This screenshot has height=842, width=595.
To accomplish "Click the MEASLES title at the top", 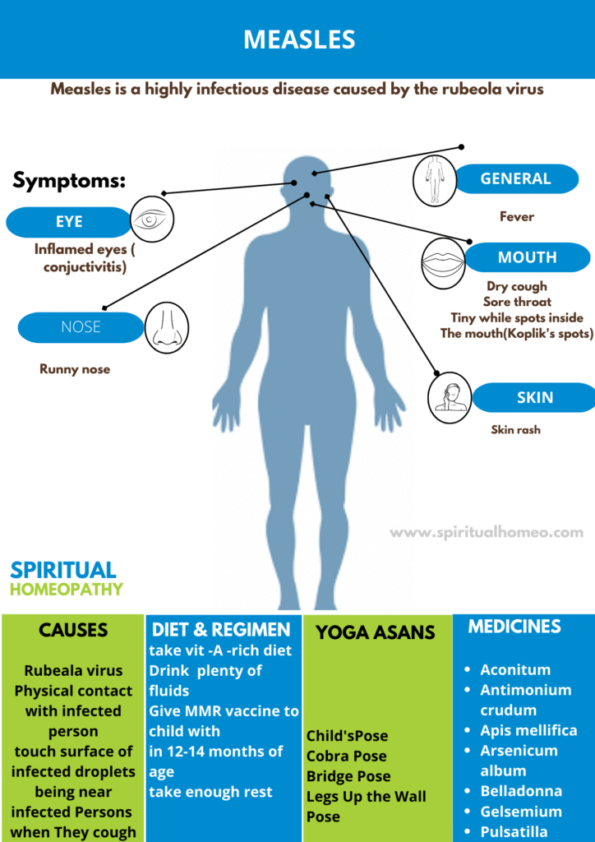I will click(298, 39).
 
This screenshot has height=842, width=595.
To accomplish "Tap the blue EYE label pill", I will click(69, 222).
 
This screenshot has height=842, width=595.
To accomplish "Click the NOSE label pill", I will click(81, 327).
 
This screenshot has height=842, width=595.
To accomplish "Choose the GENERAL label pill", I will click(516, 178).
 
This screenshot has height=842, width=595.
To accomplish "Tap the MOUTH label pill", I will click(527, 257).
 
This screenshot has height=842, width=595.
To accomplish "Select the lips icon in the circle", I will click(444, 262).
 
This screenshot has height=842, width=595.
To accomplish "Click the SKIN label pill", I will click(534, 398).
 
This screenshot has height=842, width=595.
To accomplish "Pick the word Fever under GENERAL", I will click(517, 217).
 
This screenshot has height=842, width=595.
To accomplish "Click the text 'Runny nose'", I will click(75, 369).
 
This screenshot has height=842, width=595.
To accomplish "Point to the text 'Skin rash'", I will click(516, 429).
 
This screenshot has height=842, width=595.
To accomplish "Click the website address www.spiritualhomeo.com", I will click(487, 533).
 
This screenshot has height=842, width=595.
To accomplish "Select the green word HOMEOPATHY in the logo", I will click(67, 590).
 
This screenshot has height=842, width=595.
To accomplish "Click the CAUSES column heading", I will click(73, 631).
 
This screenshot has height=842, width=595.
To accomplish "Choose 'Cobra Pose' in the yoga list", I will click(347, 756).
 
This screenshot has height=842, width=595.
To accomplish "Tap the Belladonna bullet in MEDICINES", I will click(521, 791).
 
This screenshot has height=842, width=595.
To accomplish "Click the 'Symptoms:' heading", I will click(70, 181).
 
